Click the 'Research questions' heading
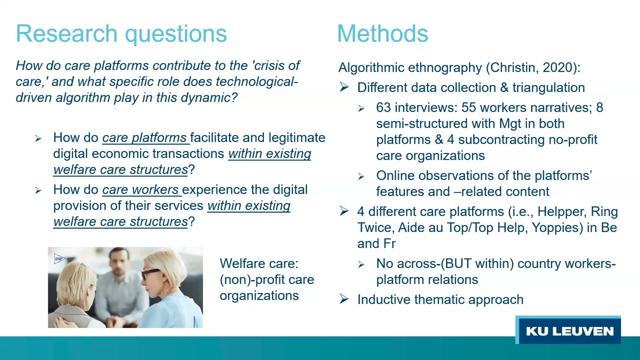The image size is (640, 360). click(121, 33)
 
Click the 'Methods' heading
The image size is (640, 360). click(382, 33)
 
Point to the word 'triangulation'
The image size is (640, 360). click(548, 87)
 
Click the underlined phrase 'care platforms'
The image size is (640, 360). click(144, 137)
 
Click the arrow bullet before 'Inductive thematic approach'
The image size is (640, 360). click(344, 299)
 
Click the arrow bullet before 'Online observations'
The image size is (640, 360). click(361, 176)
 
